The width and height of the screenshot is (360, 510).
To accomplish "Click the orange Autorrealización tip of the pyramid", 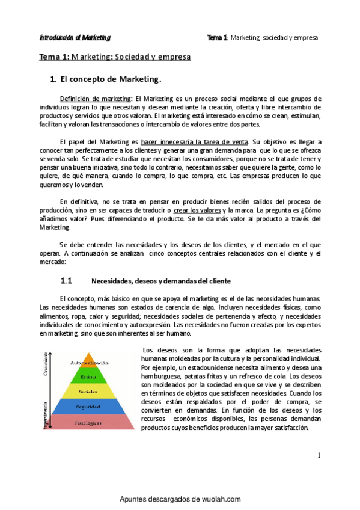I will [x=90, y=363].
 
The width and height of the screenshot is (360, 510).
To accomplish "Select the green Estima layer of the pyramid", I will [x=89, y=378].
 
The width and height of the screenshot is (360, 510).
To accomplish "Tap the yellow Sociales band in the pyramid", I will [x=89, y=392].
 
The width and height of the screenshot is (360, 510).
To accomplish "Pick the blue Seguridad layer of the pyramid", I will [x=89, y=407].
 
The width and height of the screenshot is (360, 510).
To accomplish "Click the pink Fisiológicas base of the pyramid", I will [x=89, y=422].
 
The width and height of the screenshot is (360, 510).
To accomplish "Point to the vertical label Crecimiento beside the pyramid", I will [x=45, y=367].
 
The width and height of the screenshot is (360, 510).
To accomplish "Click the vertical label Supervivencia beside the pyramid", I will [x=45, y=415].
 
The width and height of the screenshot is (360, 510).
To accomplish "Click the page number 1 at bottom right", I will [x=319, y=456].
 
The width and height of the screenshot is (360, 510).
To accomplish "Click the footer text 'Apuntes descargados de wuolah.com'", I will [x=180, y=499].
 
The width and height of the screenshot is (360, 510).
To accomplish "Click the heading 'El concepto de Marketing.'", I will [x=111, y=79].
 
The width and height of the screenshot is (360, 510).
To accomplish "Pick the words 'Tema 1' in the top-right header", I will [x=216, y=37].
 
